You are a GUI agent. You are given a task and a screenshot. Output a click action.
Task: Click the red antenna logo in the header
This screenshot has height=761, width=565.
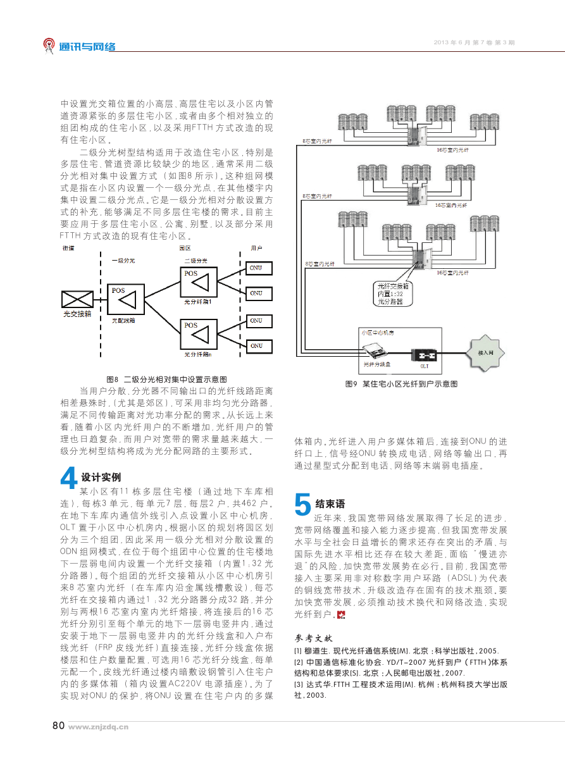48,46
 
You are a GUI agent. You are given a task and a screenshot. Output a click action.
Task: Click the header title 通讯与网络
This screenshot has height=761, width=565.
87,47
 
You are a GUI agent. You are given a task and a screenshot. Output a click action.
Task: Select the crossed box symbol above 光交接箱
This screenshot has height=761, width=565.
77,299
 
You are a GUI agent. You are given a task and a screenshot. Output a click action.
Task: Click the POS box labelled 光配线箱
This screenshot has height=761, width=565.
126,299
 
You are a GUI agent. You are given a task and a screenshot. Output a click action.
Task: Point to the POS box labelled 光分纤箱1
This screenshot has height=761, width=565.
199,282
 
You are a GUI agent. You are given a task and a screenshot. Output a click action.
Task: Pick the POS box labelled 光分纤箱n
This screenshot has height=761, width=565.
199,334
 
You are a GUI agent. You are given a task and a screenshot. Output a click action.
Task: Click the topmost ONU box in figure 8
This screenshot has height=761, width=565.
259,268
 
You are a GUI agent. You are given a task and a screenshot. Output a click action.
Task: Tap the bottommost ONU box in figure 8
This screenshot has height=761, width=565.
259,346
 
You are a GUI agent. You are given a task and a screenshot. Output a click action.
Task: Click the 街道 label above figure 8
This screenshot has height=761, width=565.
68,248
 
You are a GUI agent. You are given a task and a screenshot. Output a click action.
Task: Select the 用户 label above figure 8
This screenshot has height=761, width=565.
256,248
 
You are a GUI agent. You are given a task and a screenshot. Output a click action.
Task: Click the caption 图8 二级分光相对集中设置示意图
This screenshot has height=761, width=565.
166,379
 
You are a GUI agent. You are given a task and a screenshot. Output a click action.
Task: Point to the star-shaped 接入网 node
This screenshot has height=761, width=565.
485,353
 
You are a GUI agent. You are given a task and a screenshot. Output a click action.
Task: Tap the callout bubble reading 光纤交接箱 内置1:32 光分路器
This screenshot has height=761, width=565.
393,294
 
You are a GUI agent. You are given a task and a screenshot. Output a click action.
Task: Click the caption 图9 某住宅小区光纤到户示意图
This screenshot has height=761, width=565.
401,384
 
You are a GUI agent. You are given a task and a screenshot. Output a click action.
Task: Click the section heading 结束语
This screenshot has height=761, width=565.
330,504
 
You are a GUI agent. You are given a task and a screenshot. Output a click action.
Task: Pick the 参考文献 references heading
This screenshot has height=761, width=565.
313,638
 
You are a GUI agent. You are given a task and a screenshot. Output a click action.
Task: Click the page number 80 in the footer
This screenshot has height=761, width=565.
58,726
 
